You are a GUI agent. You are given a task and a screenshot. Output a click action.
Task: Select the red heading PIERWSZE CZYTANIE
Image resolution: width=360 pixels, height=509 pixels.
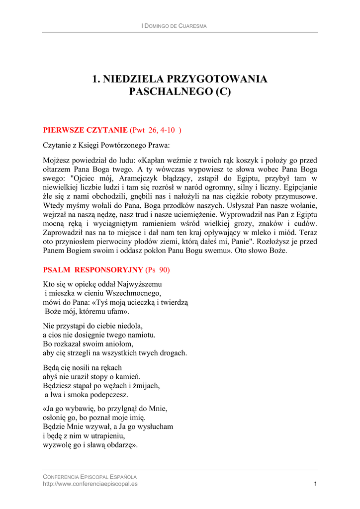86,130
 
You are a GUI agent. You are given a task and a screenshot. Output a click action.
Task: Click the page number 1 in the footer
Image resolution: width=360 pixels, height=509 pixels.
315,484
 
